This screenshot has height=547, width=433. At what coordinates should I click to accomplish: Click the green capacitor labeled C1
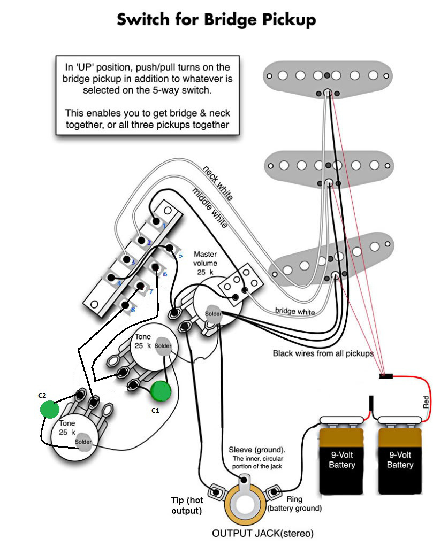pyautogui.click(x=161, y=391)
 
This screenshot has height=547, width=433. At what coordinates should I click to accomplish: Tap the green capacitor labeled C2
pyautogui.click(x=50, y=409)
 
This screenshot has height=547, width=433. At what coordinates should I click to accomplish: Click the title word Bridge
pyautogui.click(x=231, y=20)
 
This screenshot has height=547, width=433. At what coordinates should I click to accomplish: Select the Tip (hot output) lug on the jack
pyautogui.click(x=216, y=492)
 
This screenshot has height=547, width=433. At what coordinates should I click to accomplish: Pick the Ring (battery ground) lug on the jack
pyautogui.click(x=274, y=492)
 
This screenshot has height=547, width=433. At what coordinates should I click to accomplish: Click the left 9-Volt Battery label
pyautogui.click(x=342, y=460)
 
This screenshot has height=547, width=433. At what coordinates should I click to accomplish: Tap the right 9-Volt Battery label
pyautogui.click(x=400, y=460)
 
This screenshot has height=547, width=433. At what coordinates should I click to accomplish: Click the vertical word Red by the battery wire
pyautogui.click(x=426, y=402)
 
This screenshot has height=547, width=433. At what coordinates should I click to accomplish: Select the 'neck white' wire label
pyautogui.click(x=218, y=183)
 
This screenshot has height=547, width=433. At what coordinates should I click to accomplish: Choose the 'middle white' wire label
pyautogui.click(x=210, y=207)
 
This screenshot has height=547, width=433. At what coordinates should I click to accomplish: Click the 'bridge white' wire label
pyautogui.click(x=295, y=311)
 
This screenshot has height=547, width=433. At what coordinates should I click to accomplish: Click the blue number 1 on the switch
pyautogui.click(x=164, y=226)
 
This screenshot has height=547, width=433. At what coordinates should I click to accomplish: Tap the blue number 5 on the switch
pyautogui.click(x=180, y=256)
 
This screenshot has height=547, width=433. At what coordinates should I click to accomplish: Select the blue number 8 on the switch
pyautogui.click(x=133, y=310)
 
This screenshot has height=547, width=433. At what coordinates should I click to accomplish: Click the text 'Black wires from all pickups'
pyautogui.click(x=323, y=353)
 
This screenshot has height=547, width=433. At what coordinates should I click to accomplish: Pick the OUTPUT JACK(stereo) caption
pyautogui.click(x=263, y=534)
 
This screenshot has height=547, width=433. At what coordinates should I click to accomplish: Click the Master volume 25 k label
pyautogui.click(x=205, y=263)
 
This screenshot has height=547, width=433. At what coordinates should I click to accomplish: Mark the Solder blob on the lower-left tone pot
pyautogui.click(x=83, y=442)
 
